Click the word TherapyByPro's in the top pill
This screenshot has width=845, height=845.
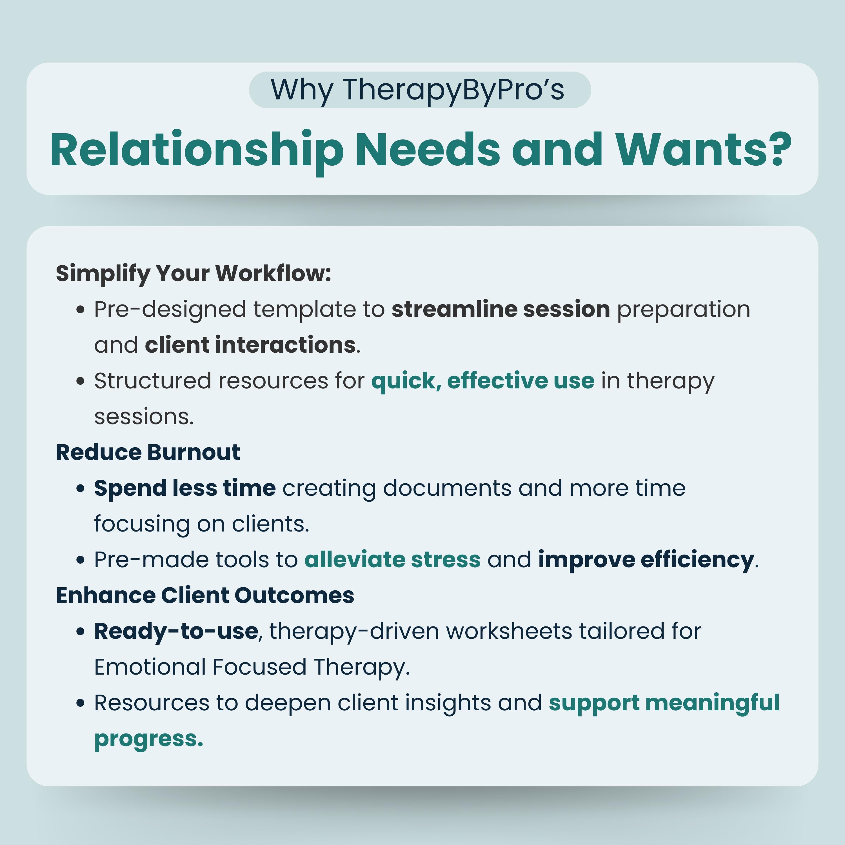click(453, 90)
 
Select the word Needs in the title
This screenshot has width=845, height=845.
click(428, 150)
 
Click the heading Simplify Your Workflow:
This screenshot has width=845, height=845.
click(193, 273)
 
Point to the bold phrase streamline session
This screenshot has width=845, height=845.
click(500, 309)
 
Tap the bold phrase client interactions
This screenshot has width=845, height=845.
click(250, 345)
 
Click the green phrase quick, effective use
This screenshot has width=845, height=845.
click(482, 381)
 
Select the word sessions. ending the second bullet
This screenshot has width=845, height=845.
click(144, 417)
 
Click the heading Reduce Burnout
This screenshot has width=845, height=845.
click(148, 452)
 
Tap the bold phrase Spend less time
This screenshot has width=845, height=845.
click(184, 488)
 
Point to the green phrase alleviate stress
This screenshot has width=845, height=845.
click(392, 559)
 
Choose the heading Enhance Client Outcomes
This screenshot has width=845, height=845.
click(205, 595)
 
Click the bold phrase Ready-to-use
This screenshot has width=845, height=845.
click(176, 631)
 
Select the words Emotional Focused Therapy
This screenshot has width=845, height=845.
click(252, 667)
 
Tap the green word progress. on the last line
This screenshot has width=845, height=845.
click(149, 739)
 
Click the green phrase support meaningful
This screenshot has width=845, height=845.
click(664, 703)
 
